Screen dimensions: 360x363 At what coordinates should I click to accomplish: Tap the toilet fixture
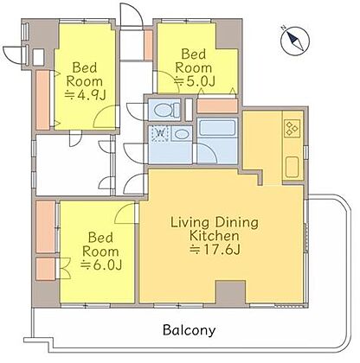click(164, 110)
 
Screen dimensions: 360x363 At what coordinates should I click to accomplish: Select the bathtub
click(217, 128)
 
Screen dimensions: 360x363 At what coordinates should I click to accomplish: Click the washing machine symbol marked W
click(159, 134)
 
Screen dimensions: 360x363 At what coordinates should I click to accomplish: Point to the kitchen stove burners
click(292, 129)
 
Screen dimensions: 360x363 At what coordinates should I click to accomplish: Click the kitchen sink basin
click(292, 167)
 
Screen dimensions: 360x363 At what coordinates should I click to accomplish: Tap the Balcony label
click(189, 330)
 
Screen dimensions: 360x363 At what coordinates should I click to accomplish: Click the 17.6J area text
click(215, 250)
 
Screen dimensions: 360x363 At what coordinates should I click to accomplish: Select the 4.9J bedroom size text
click(85, 95)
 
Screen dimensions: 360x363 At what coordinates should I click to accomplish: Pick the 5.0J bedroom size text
click(196, 81)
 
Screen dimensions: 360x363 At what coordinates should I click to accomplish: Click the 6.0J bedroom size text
click(101, 264)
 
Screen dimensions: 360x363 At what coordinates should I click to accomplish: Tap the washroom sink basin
click(181, 134)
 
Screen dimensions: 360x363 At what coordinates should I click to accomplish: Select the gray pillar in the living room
click(231, 291)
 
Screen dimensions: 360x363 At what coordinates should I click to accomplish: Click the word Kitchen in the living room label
click(215, 236)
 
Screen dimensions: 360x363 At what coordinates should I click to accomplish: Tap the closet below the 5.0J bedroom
click(217, 106)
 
